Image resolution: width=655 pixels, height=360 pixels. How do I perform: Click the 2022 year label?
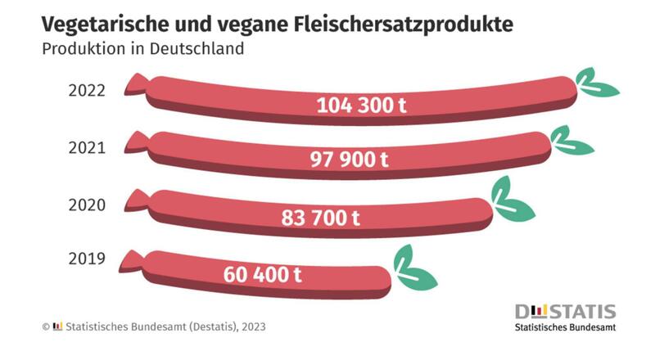coord(88,90)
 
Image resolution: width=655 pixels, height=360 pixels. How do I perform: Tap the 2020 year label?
coord(88,204)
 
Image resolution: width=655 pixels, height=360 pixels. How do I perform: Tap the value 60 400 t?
coord(262,274)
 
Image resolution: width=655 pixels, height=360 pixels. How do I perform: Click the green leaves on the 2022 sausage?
coord(595,83)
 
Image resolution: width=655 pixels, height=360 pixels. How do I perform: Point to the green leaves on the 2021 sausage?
coord(571,140)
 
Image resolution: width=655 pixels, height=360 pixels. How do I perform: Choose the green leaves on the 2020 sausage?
coord(510,200)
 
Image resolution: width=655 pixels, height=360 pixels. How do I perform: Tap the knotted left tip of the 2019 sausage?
coord(131,260)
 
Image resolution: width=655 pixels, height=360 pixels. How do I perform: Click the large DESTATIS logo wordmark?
coord(565,311)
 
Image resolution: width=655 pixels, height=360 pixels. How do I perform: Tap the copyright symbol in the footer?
coord(46,326)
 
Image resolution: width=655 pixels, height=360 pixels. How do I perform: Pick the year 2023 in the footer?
coord(251,326)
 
